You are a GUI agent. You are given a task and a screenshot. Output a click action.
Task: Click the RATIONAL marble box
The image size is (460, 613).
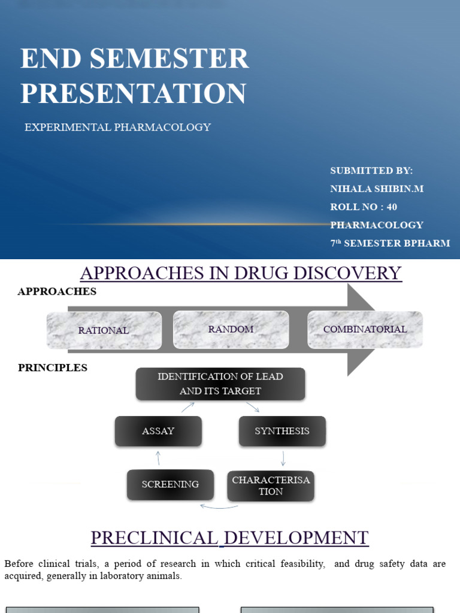click(x=104, y=330)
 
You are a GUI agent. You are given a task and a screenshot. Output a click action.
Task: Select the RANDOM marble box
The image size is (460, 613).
click(x=231, y=329)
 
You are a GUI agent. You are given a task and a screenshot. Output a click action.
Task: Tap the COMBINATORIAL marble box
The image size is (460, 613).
click(x=365, y=329)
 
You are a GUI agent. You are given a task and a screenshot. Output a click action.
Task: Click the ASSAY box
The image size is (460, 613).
click(x=158, y=431)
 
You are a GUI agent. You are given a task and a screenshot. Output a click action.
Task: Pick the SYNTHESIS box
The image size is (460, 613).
click(x=282, y=431)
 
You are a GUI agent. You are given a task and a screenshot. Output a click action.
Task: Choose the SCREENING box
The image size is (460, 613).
click(x=170, y=484)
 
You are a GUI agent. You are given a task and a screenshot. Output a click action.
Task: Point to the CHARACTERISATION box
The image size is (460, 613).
click(x=271, y=485)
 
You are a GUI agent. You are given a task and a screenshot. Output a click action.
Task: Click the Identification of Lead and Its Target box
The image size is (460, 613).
click(x=220, y=384)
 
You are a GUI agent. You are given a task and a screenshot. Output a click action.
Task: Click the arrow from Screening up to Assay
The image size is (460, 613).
click(x=158, y=458)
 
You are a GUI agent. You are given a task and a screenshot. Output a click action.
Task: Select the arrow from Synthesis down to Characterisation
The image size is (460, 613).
click(x=283, y=459)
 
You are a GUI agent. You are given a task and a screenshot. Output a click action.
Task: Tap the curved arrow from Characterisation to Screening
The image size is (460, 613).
click(x=219, y=507)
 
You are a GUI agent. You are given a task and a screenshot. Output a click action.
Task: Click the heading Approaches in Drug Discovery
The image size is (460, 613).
click(x=241, y=273)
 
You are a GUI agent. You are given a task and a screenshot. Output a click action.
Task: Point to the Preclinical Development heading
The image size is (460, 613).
click(x=229, y=538)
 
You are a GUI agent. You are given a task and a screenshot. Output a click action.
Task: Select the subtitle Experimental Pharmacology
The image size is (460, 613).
click(x=117, y=128)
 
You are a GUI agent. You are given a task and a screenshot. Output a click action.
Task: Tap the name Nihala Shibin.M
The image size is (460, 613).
click(x=377, y=189)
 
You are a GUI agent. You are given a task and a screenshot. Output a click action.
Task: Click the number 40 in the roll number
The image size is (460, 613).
click(x=392, y=207)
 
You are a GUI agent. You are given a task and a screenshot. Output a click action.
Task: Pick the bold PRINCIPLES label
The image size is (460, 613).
click(x=53, y=368)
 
